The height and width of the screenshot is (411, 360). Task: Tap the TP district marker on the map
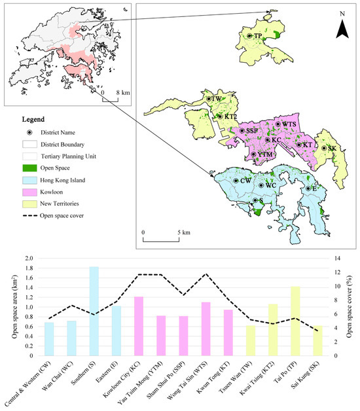[x=249, y=36]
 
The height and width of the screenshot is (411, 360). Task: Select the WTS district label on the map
[x=289, y=124]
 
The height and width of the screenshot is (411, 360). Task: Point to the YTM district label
[x=263, y=154]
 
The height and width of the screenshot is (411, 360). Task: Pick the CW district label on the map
[x=246, y=180]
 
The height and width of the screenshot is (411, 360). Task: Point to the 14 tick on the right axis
[x=338, y=259]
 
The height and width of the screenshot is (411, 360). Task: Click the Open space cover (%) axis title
[x=353, y=307]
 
